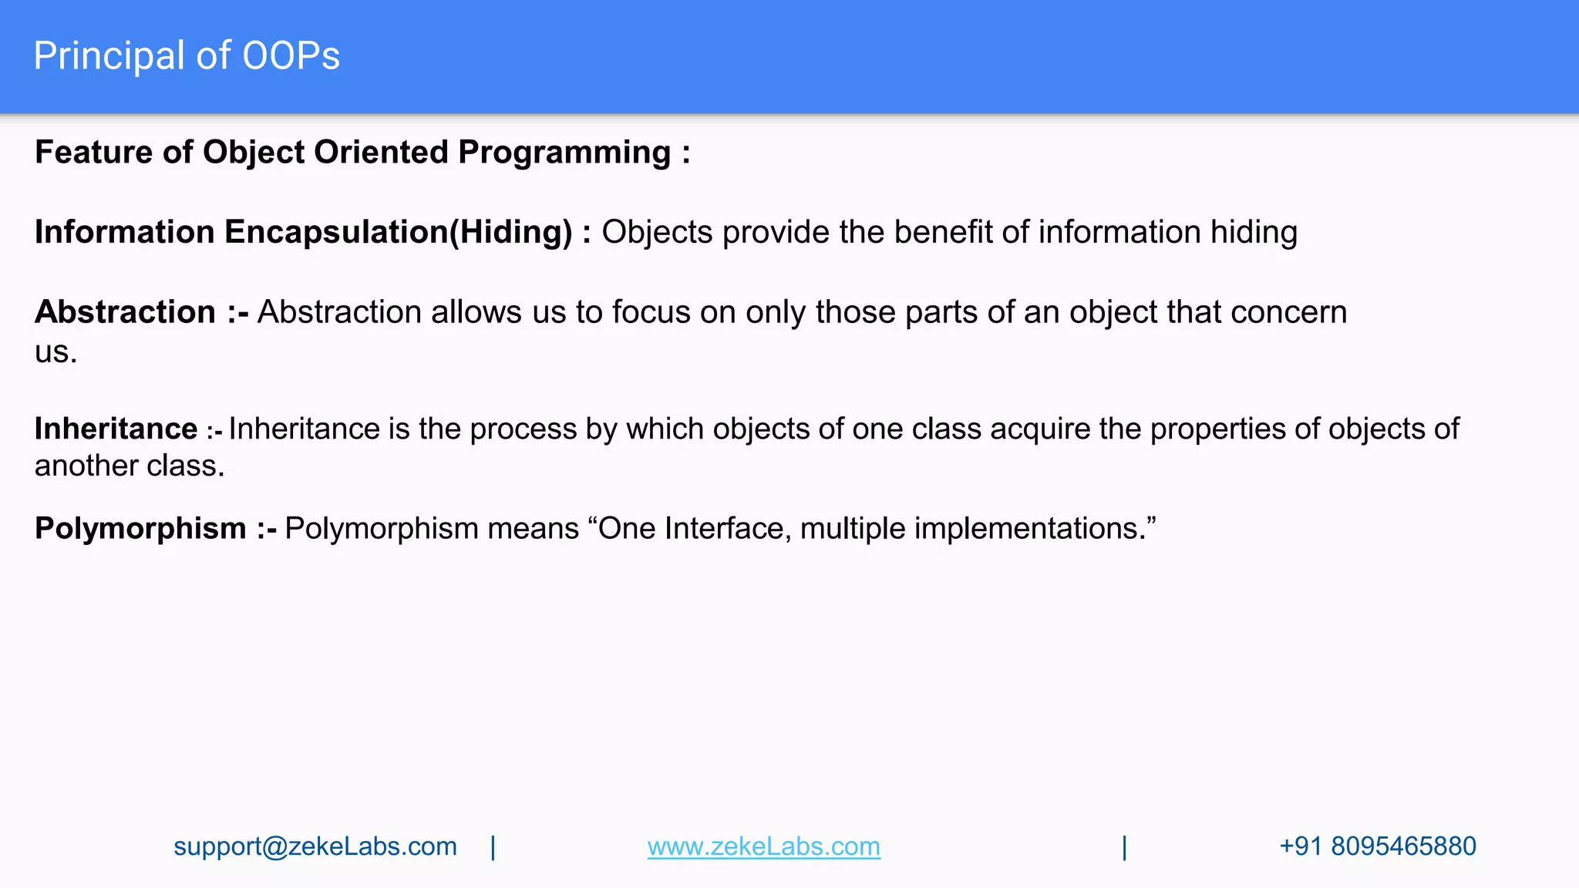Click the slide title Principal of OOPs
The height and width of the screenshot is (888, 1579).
coord(187,56)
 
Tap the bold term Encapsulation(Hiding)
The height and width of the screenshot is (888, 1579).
coord(398,232)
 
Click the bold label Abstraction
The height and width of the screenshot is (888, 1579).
coord(125,312)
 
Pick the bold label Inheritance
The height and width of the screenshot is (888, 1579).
coord(116,429)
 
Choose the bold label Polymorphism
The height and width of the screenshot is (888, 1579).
coord(140,529)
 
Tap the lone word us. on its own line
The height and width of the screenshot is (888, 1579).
coord(56,352)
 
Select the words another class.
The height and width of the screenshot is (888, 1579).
coord(130,466)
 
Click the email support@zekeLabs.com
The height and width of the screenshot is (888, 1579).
coord(315,846)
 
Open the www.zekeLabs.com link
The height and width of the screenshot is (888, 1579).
coord(763,846)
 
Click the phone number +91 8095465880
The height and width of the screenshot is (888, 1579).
coord(1377,846)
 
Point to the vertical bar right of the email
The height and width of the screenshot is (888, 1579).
coord(493,847)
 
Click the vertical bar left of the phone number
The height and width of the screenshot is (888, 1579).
coord(1124,847)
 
